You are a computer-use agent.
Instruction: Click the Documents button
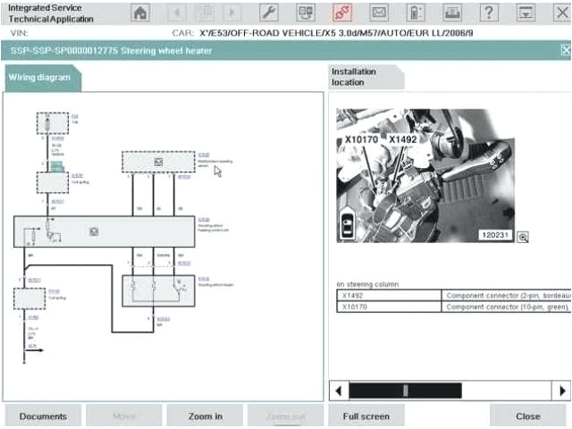pyautogui.click(x=43, y=416)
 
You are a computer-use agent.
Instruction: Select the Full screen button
pyautogui.click(x=366, y=416)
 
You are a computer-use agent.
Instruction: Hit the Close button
pyautogui.click(x=528, y=416)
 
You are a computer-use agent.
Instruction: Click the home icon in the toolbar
pyautogui.click(x=140, y=13)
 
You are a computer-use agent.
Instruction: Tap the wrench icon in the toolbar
pyautogui.click(x=269, y=13)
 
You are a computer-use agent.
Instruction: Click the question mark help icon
pyautogui.click(x=489, y=13)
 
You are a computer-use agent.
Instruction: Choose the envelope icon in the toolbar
pyautogui.click(x=379, y=13)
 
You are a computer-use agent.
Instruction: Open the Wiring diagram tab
pyautogui.click(x=39, y=78)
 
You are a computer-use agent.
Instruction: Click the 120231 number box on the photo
pyautogui.click(x=494, y=235)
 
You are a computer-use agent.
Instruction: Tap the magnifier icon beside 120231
pyautogui.click(x=523, y=236)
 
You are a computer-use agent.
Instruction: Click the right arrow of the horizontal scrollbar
pyautogui.click(x=562, y=391)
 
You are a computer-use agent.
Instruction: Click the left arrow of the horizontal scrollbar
pyautogui.click(x=339, y=391)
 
